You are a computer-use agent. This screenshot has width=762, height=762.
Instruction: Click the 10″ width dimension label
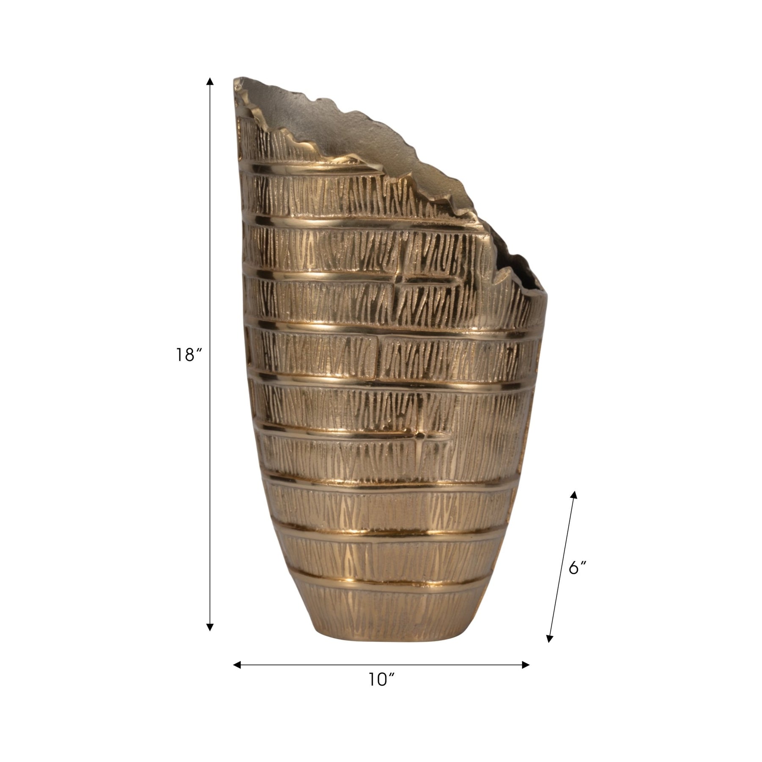(381, 692)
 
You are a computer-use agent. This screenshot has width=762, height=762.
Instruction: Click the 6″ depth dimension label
(577, 568)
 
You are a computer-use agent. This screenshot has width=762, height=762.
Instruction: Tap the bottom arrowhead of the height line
(210, 627)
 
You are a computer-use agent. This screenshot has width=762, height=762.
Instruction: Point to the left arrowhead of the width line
(237, 665)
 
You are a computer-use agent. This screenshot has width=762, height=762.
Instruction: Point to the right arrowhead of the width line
(525, 665)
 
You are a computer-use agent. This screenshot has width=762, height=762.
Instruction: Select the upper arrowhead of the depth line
(574, 495)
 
